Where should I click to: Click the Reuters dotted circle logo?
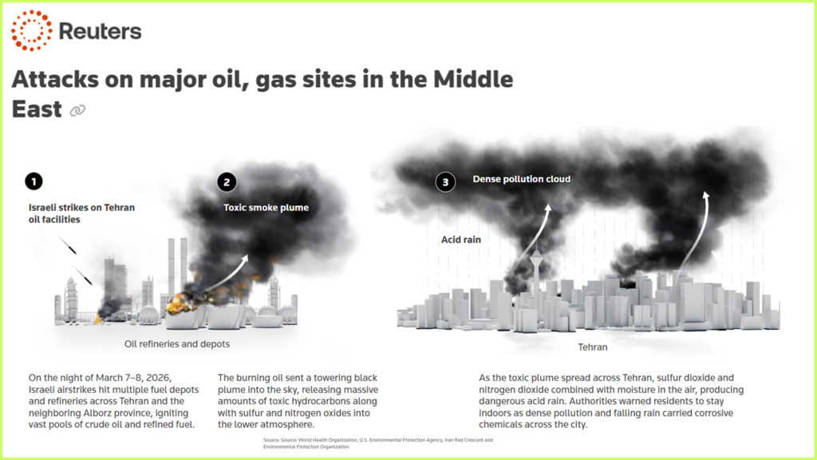tap(31, 30)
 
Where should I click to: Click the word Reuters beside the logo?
tap(100, 31)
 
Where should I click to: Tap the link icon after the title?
tap(77, 110)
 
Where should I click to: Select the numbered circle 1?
tap(34, 181)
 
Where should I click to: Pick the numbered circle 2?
tap(227, 182)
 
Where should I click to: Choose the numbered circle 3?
tap(445, 182)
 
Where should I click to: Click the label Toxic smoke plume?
tap(266, 208)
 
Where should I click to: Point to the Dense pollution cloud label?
tap(522, 179)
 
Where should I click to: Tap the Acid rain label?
tap(461, 240)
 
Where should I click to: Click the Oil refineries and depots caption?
tap(177, 343)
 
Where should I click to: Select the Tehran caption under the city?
tap(593, 347)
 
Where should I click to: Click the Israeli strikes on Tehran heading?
tap(81, 208)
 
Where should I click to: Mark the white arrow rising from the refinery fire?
tap(225, 275)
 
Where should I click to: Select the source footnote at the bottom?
tap(377, 443)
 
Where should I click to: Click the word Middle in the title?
tap(473, 79)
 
